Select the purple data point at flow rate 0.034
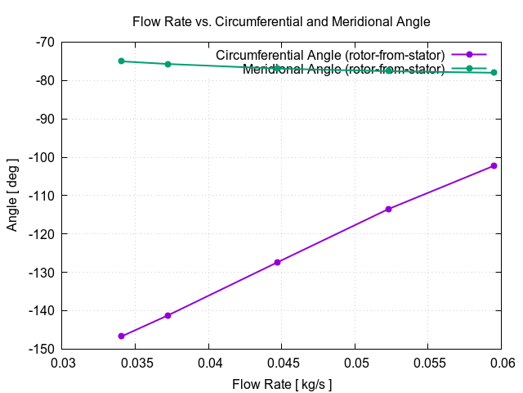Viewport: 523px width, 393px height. point(121,337)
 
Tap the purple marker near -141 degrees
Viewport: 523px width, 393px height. point(168,315)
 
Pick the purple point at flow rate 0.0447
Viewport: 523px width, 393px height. point(278,262)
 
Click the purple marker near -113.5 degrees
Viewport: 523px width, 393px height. point(388,209)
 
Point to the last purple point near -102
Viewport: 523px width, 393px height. point(494,165)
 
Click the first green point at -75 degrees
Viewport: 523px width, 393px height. point(121,61)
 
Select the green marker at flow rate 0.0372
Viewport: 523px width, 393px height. point(168,64)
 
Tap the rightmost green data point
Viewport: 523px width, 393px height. point(494,73)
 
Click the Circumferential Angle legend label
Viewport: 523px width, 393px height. point(330,55)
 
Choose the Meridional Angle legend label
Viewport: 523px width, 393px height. point(343,69)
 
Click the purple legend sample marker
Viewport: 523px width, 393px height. point(469,55)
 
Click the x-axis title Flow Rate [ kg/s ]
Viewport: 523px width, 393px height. point(283,384)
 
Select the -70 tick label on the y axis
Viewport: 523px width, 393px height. point(44,42)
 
